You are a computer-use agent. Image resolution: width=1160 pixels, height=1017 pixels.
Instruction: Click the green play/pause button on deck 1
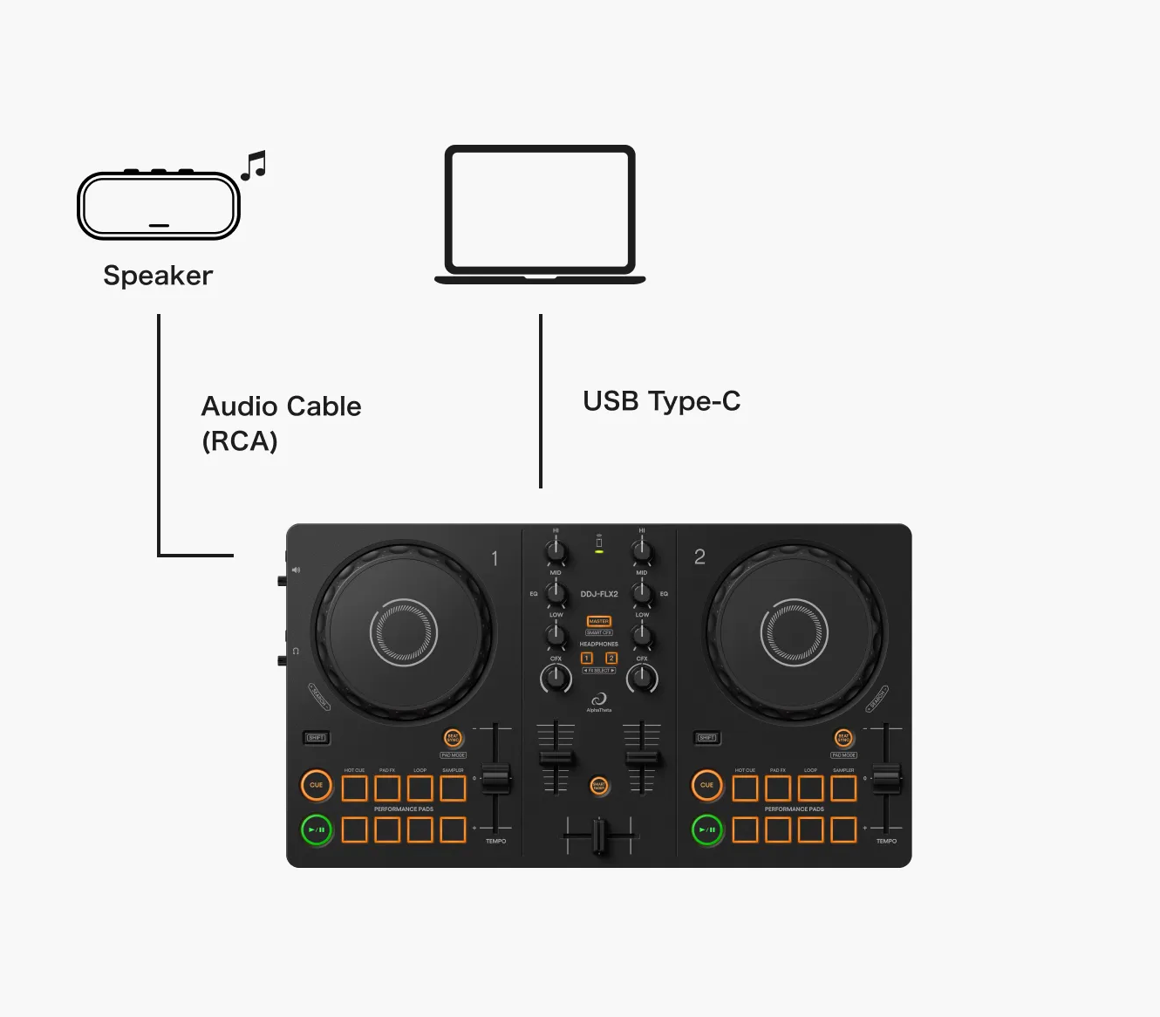tap(317, 829)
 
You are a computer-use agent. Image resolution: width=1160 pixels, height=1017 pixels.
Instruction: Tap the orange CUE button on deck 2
tap(706, 785)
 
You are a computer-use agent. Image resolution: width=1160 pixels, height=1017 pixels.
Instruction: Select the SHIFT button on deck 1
tap(317, 738)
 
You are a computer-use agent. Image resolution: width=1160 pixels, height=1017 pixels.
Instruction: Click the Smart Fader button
tap(599, 785)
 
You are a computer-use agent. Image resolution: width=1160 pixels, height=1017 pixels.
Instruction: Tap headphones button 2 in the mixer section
tap(611, 659)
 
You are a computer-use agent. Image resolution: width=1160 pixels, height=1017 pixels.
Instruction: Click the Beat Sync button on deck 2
tap(843, 738)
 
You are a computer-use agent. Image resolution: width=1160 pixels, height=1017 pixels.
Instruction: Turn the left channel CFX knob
tap(556, 678)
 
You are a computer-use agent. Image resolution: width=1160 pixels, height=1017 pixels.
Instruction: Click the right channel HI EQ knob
tap(642, 549)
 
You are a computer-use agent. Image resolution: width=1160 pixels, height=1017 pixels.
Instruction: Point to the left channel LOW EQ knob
tap(556, 635)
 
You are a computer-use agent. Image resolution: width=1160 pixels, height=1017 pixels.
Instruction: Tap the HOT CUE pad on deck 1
tap(354, 788)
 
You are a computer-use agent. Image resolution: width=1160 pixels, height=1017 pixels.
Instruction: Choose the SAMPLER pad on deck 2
tap(843, 788)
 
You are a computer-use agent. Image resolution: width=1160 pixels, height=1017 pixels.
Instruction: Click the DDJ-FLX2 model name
tap(599, 594)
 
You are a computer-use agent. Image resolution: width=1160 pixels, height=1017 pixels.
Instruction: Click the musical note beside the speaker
tap(254, 165)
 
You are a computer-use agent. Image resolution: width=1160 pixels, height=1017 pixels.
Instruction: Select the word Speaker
tap(158, 276)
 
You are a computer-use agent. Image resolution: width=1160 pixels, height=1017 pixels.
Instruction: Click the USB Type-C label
tap(661, 401)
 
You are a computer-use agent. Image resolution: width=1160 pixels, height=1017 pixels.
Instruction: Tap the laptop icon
tap(540, 214)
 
